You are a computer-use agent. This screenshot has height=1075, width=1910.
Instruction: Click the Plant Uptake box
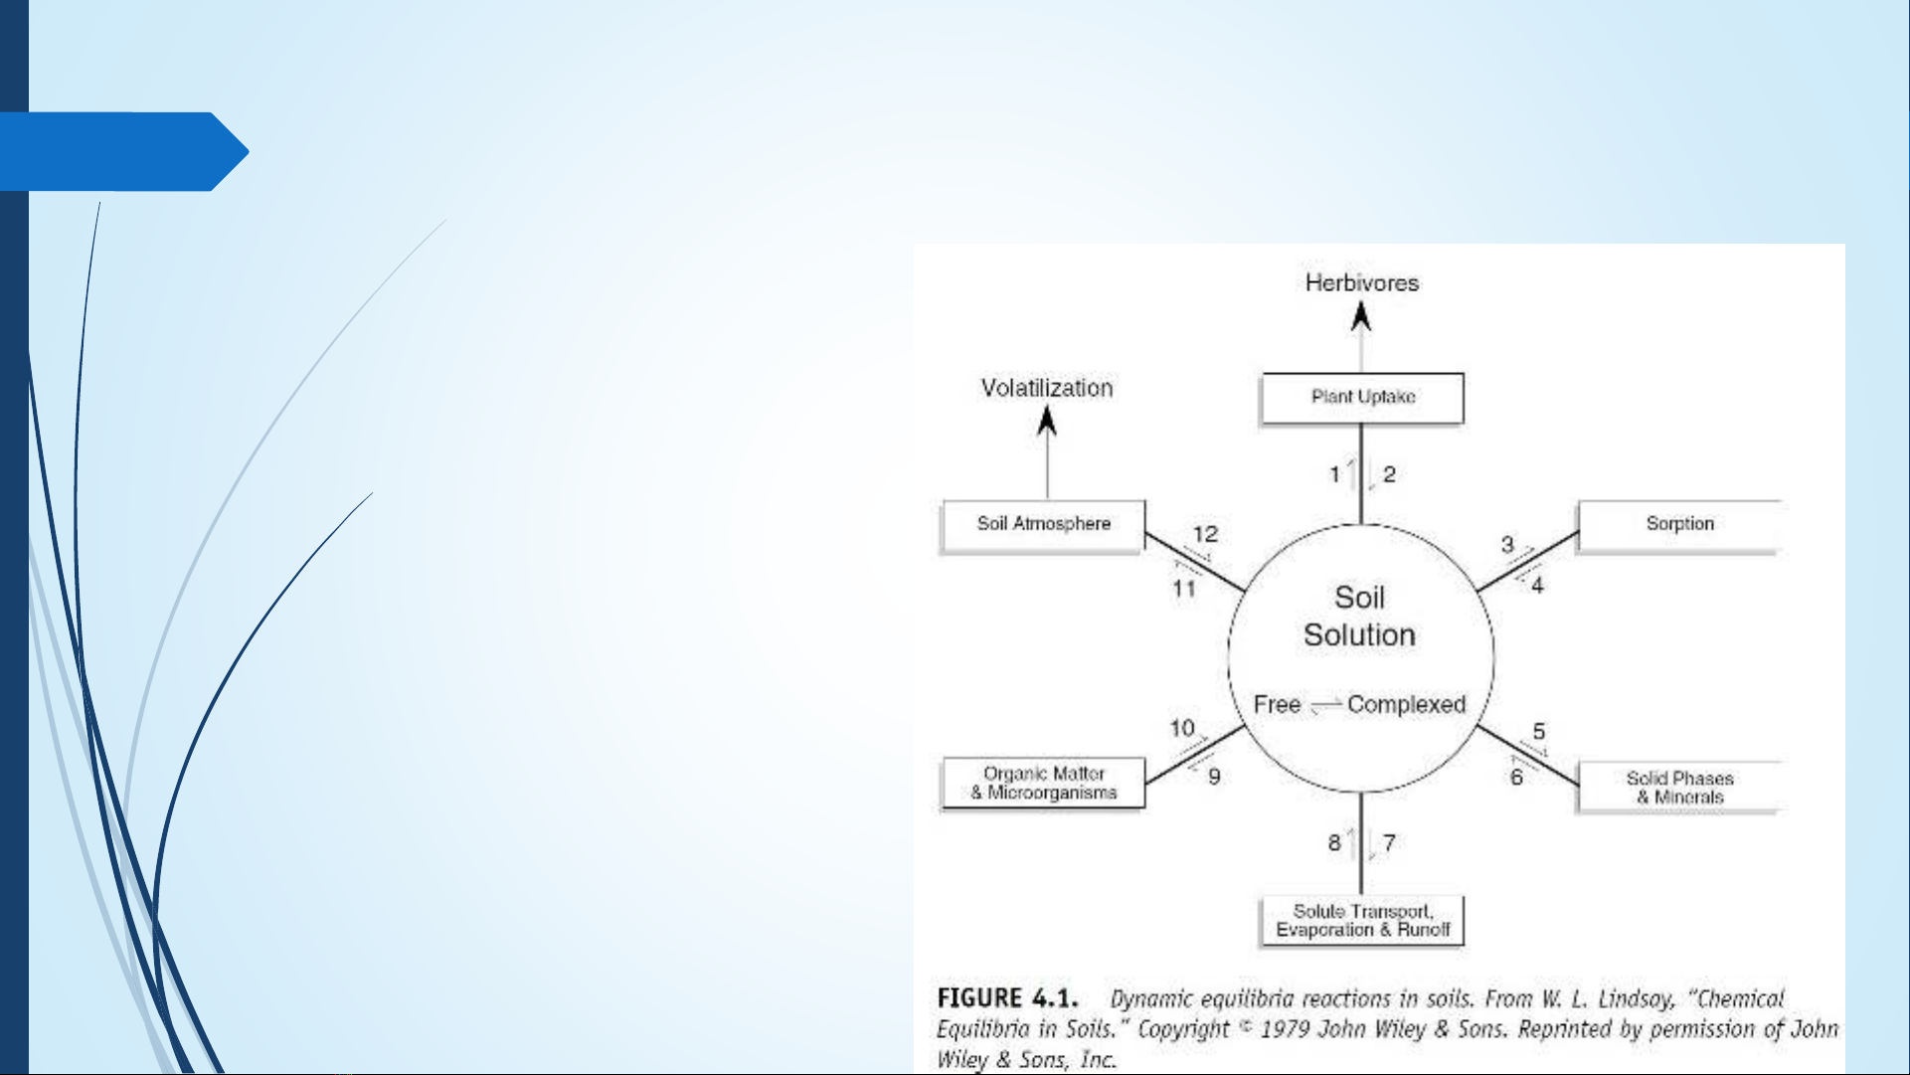pos(1362,398)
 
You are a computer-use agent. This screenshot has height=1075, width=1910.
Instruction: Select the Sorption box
pos(1679,526)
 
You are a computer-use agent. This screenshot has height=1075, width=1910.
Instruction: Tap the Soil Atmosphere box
pos(1043,526)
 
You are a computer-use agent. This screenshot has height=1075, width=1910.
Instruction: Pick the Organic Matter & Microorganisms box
pos(1043,784)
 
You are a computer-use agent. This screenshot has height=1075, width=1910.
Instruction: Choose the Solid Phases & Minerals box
pos(1679,788)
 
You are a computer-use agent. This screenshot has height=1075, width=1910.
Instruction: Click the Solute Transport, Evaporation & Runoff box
pos(1362,921)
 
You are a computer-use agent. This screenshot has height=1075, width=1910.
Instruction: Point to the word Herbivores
pos(1362,283)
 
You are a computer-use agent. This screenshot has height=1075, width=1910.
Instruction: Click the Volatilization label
pos(1047,388)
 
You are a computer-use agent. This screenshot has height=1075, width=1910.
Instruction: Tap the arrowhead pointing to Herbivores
pos(1361,317)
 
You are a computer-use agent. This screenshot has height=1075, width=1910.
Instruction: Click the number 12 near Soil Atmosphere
pos(1206,534)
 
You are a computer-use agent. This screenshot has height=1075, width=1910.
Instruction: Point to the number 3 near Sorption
pos(1507,545)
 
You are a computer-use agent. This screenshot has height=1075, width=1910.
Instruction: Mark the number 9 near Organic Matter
pos(1214,777)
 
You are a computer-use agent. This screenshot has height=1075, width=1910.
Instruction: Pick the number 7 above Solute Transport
pos(1389,843)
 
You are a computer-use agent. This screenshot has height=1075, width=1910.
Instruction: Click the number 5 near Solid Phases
pos(1539,732)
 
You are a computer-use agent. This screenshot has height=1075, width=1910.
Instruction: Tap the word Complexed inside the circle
pos(1407,705)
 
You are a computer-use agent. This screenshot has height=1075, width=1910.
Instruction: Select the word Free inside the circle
pos(1278,705)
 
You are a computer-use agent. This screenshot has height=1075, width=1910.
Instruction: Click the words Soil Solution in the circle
pos(1359,617)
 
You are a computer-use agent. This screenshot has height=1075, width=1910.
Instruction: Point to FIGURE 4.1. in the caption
pos(1007,998)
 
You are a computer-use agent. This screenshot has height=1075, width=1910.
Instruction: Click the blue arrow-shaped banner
pos(124,151)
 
